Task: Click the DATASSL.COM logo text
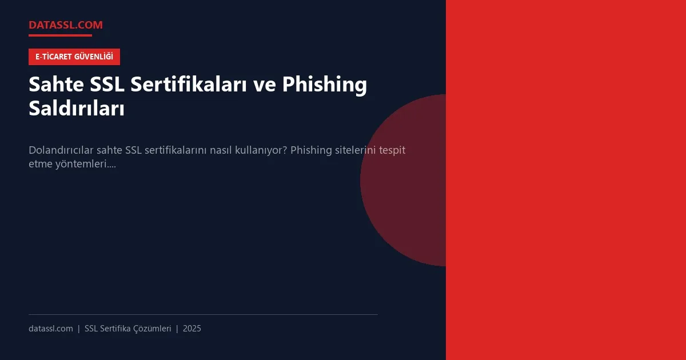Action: [65, 25]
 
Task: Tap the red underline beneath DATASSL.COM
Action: [60, 35]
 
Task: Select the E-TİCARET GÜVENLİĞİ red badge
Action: [74, 57]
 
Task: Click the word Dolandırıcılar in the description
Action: [61, 151]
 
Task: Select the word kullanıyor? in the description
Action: [260, 151]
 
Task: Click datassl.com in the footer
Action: [51, 329]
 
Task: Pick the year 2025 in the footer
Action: [192, 329]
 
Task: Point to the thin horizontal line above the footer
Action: [203, 314]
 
